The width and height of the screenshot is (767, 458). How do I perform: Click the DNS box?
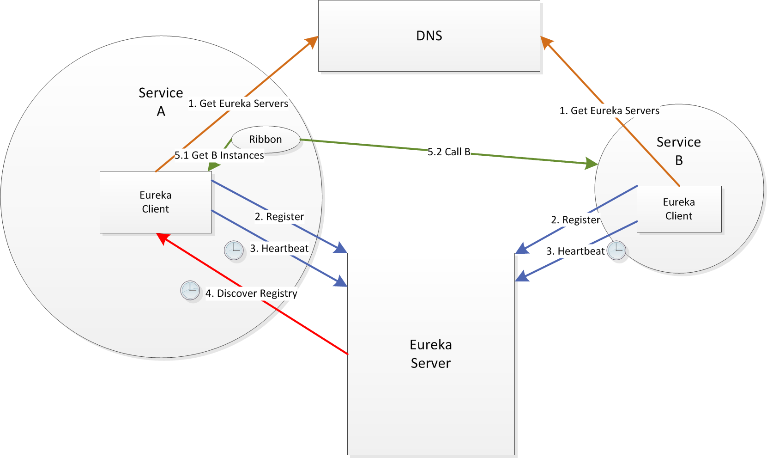pos(429,36)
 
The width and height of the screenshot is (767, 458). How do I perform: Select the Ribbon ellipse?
pos(266,140)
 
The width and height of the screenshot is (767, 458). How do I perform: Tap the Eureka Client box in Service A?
pos(156,202)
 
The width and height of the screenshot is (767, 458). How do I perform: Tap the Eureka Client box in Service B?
pos(679,209)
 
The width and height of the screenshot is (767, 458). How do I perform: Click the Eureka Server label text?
pos(431,354)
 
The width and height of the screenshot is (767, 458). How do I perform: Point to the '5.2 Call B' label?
pos(449,152)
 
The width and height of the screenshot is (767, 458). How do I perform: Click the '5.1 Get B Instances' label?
pos(219,156)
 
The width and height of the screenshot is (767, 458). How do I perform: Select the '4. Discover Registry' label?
pos(251,293)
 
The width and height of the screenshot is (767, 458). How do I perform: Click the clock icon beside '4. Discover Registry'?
pos(190,290)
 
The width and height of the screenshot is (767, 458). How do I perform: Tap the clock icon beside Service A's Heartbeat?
pos(234,250)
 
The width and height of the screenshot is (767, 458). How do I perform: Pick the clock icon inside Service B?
pos(616,250)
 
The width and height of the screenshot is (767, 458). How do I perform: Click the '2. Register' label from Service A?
pos(279,217)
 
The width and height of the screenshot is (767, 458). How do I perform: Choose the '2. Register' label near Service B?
pos(575,220)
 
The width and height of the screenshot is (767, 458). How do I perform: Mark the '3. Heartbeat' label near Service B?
pos(575,251)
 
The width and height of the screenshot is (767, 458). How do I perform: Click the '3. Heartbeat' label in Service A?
pos(279,249)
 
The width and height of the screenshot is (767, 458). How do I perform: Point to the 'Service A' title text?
pos(161,102)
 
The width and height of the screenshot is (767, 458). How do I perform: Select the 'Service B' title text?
pos(679,151)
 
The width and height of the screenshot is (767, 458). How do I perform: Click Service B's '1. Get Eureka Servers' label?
pos(610,111)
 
